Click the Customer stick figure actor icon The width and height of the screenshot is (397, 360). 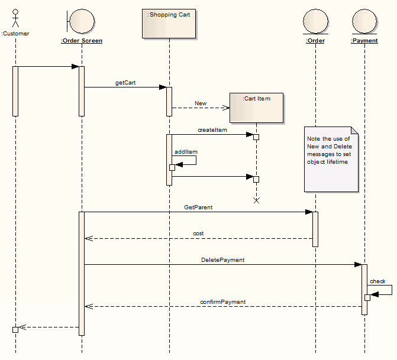coord(15,17)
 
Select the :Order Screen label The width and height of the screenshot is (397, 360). coord(82,41)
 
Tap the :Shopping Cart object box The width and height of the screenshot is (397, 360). coord(169,23)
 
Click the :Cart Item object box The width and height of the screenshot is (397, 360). coord(256,107)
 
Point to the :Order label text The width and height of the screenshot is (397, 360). coord(315,41)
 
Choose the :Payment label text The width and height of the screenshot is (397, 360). coord(364,41)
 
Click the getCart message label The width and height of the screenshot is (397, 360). coord(125,83)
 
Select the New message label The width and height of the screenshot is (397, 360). coord(201,103)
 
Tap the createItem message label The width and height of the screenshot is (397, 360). coord(212,129)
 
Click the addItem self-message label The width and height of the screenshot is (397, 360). coord(186,152)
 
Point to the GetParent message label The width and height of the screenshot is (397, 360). coord(198,207)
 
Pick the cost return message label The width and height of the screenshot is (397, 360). coord(198,233)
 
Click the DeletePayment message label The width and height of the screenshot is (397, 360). coord(222,260)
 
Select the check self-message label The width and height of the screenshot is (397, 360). coord(377,281)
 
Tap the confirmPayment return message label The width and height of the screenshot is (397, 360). coord(222,301)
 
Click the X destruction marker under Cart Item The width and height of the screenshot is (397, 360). coord(256,200)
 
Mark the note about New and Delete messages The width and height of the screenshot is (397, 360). coord(331,158)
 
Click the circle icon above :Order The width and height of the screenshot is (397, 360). coord(315,21)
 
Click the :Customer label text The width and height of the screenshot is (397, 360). coord(15,34)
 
